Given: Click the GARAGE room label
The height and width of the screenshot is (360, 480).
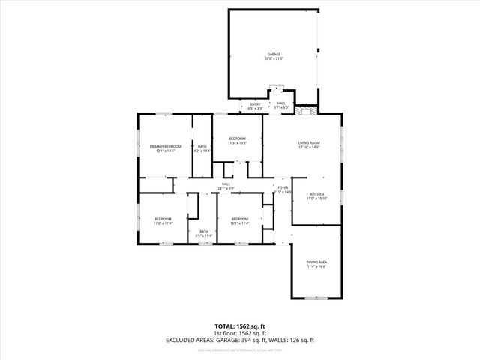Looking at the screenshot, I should point(274,55).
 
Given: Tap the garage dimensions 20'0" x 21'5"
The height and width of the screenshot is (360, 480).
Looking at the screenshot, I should point(274,59).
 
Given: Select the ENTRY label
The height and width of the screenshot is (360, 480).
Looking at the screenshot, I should point(256,104).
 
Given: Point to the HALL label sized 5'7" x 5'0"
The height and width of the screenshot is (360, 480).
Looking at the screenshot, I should point(281,103).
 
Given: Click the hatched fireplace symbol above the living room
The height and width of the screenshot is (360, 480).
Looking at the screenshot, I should point(304,109).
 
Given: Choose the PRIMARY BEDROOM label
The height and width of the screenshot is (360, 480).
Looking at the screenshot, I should point(165,146).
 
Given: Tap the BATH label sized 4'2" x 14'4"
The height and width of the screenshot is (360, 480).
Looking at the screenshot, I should point(202,146).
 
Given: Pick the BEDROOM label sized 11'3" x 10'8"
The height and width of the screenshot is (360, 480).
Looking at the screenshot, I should point(237,139).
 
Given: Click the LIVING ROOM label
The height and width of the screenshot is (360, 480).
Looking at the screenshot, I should point(309,142).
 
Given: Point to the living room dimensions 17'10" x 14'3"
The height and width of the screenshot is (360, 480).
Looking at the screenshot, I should point(309,147).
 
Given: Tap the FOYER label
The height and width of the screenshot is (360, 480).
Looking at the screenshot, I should point(283,187).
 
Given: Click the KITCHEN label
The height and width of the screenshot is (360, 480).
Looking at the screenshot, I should point(316,194).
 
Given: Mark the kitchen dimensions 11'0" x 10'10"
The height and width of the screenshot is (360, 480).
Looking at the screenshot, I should point(316,199).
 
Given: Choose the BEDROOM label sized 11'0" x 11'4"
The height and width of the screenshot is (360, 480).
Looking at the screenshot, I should point(163,219).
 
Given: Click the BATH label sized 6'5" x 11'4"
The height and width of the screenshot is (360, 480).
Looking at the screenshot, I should point(203,232).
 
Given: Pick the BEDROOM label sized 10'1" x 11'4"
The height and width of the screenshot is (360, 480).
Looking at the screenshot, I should point(240,219).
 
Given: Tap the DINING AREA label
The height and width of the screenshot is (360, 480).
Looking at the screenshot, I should point(316,262).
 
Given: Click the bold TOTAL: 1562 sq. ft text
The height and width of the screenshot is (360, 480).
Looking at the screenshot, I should point(239,326).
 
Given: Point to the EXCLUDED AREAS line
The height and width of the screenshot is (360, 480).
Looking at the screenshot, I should point(239,340).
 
